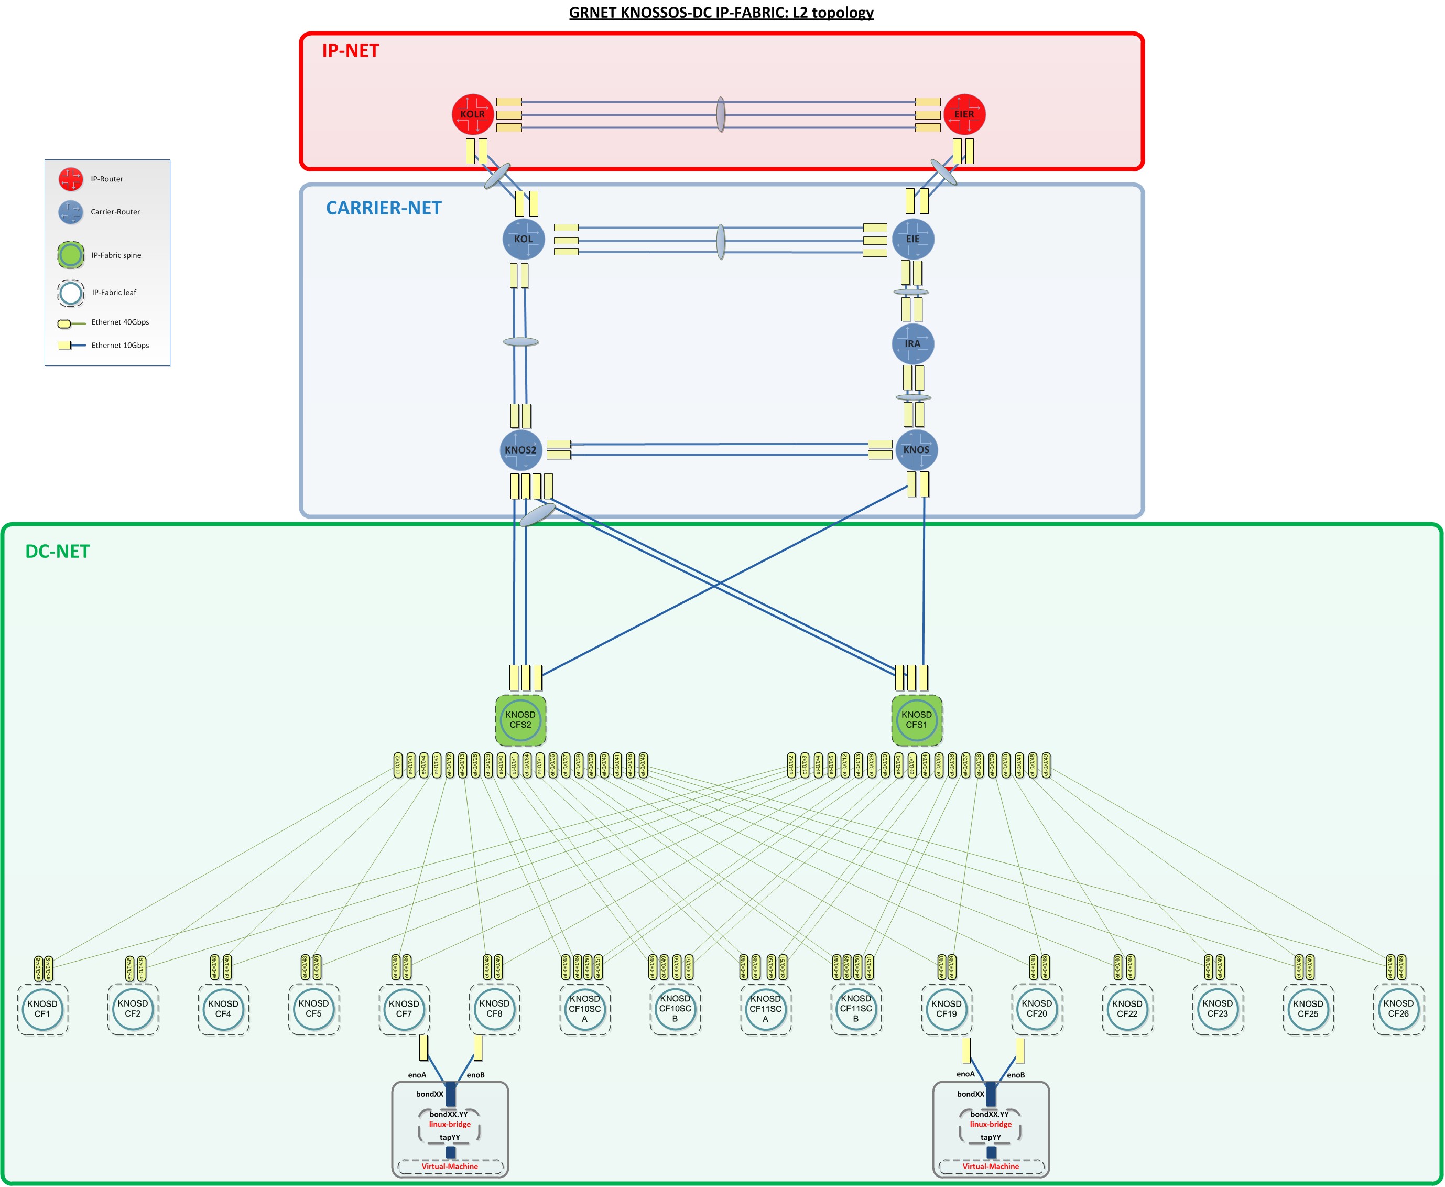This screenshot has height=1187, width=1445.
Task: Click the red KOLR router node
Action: coord(472,114)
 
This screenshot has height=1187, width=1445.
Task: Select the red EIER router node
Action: coord(964,114)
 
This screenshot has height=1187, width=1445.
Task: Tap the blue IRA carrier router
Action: coord(912,344)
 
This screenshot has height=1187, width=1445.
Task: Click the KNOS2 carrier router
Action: coord(521,450)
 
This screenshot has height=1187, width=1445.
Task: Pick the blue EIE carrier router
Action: coord(912,239)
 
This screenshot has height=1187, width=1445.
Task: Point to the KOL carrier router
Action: coord(523,239)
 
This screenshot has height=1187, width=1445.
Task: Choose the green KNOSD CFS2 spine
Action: coord(520,720)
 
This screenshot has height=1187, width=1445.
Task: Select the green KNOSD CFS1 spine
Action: coord(917,720)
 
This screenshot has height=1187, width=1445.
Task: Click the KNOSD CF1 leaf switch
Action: coord(42,1009)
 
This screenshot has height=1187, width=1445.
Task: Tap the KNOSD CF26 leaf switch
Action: coord(1398,1009)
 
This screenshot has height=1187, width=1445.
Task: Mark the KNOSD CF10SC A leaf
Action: coord(584,1009)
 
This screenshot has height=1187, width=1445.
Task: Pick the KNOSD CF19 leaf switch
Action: coord(947,1009)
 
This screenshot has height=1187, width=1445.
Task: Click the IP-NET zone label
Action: coord(351,51)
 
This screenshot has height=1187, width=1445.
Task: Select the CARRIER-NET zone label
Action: coord(384,208)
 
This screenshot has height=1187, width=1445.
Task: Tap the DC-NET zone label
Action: coord(58,552)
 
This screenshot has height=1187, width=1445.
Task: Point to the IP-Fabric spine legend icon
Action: coord(71,255)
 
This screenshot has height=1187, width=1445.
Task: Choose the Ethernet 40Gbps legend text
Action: coord(121,322)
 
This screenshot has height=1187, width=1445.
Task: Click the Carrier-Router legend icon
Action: coord(71,212)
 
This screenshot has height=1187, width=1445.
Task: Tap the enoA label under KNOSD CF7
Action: coord(417,1075)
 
